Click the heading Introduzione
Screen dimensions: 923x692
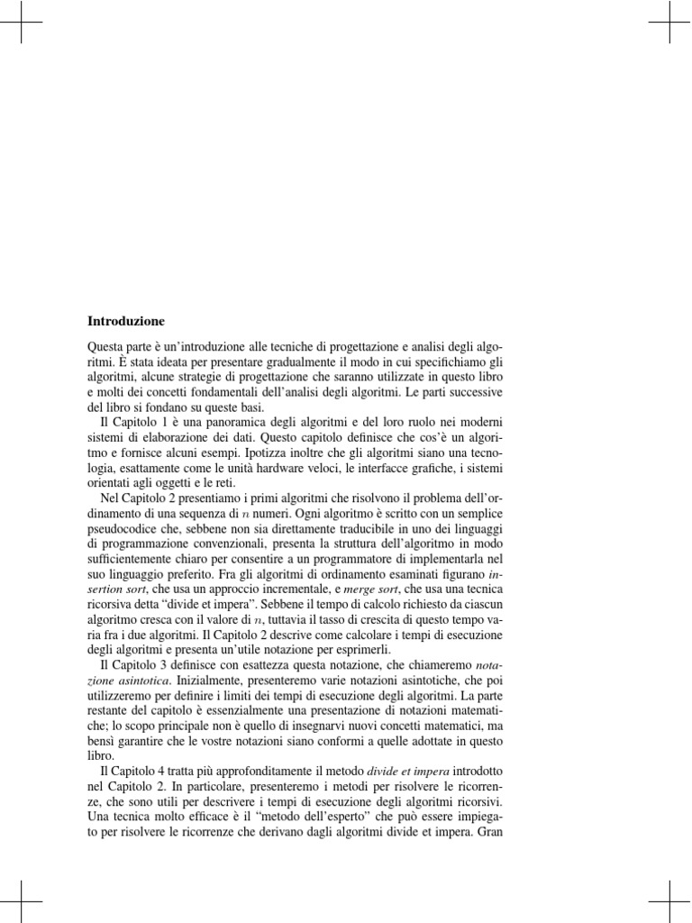coord(126,320)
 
